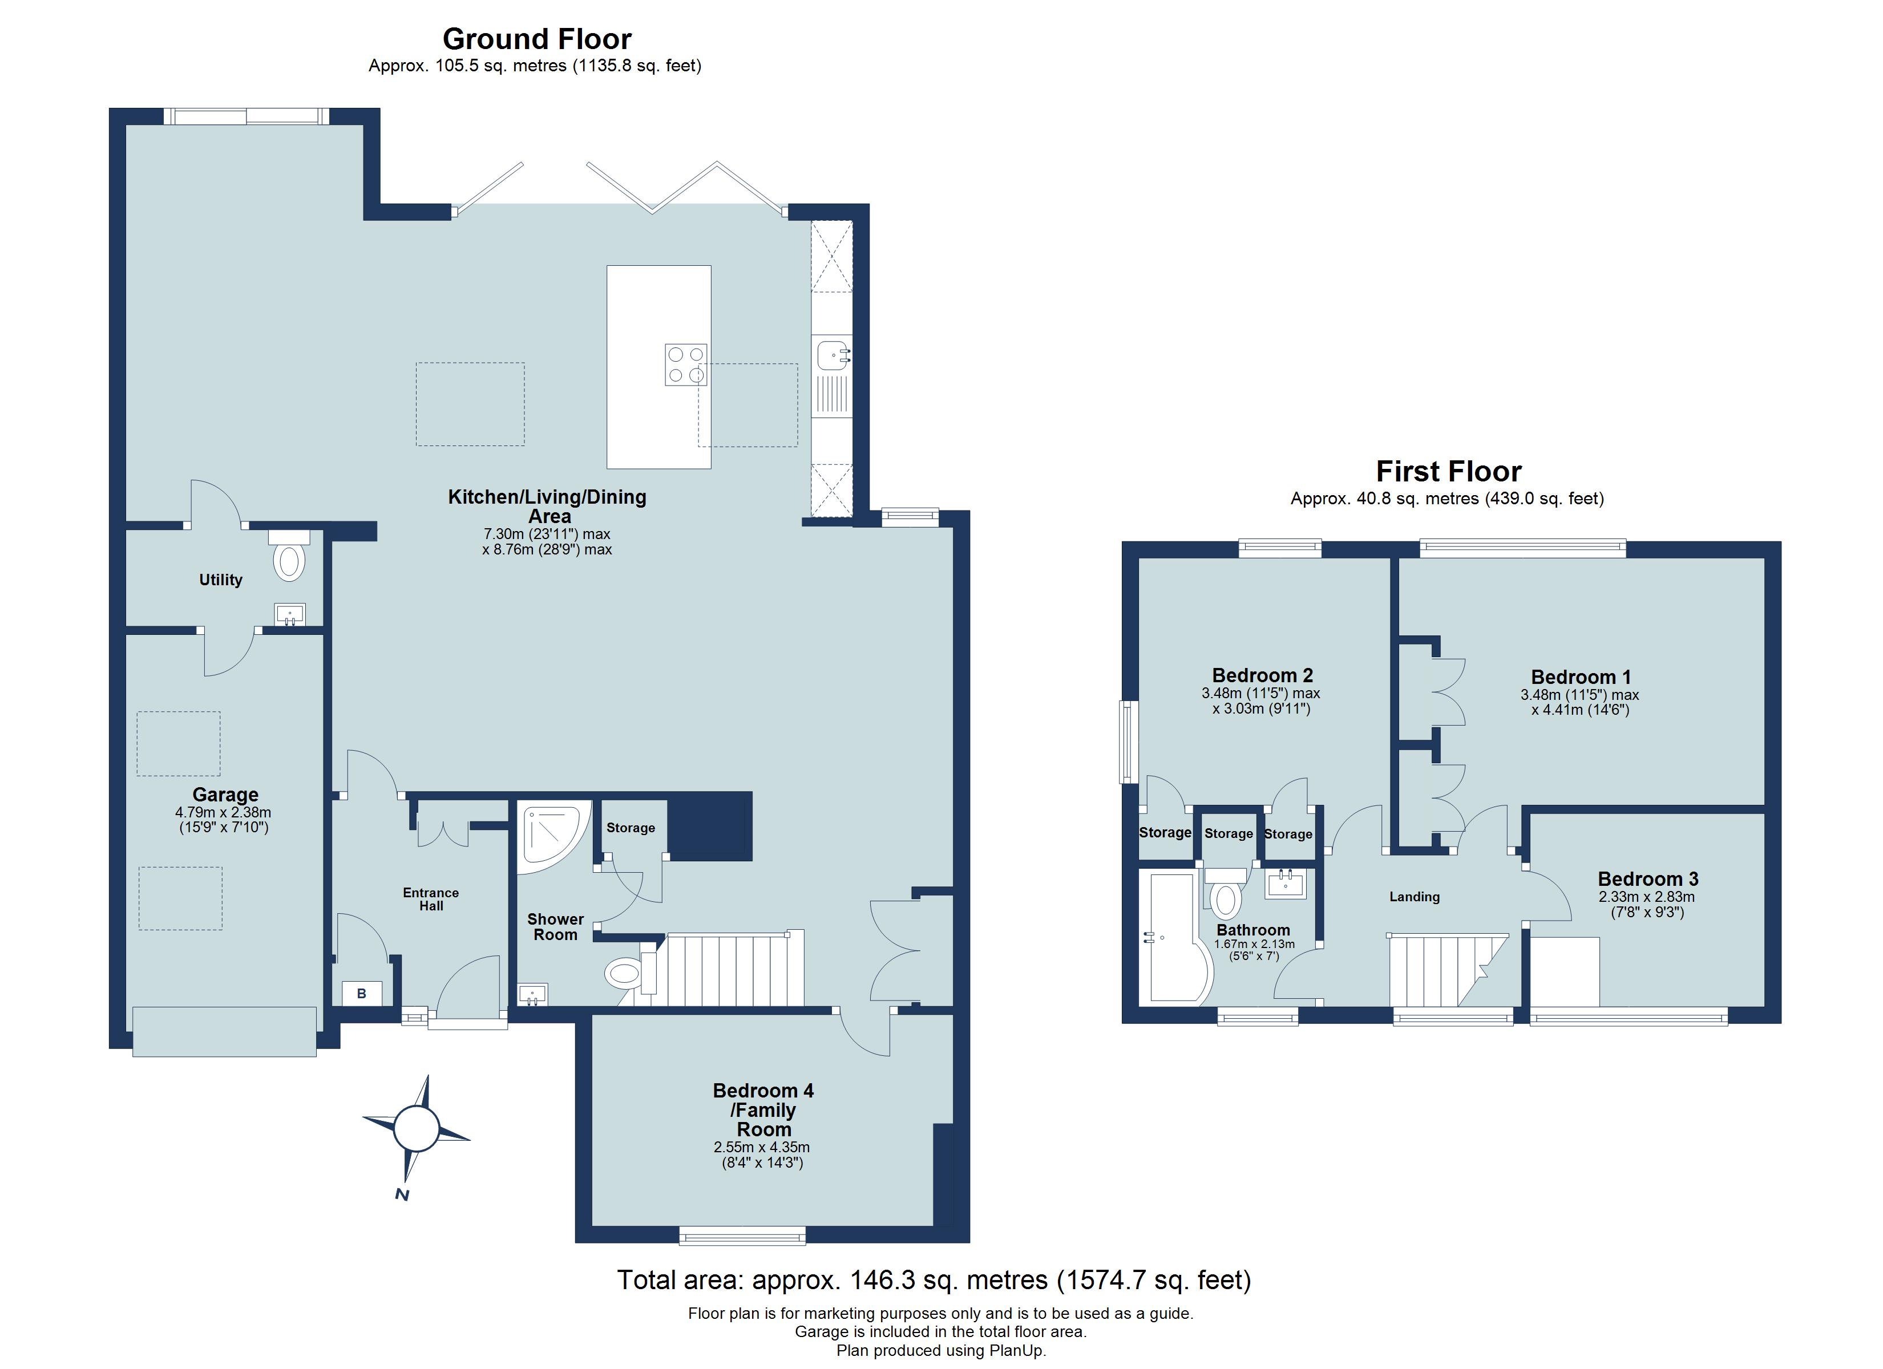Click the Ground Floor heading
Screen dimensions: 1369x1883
536,39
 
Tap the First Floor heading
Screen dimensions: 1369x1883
1448,472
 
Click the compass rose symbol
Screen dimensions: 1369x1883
415,1128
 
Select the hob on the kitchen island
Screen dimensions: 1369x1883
686,364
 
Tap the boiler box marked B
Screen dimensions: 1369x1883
362,994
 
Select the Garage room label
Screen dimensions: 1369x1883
225,795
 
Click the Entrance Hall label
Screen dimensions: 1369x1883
431,899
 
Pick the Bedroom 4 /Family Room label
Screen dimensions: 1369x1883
763,1110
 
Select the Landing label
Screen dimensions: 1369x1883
1414,897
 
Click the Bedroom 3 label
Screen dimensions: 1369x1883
1647,878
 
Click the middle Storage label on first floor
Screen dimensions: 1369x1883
1228,833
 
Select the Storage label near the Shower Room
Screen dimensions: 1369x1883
630,828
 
